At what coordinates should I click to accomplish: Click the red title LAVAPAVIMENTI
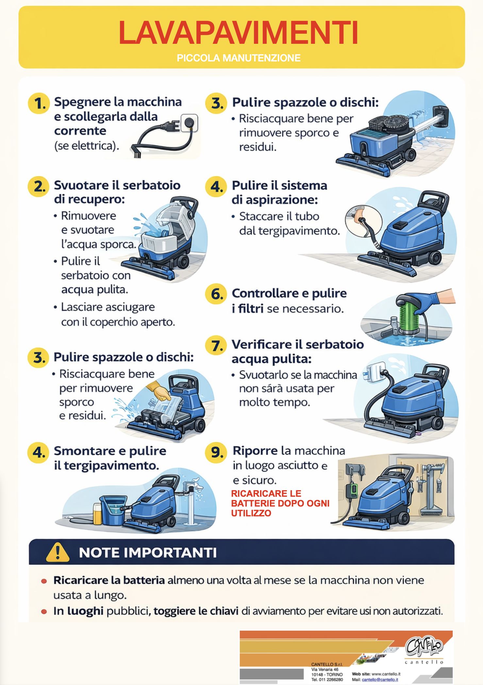pos(239,33)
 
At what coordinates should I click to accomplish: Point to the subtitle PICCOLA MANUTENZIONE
pos(239,58)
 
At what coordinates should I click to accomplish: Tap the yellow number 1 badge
pos(39,103)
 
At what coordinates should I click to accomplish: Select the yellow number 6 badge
pos(216,293)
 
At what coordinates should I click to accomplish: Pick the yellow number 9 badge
pos(216,452)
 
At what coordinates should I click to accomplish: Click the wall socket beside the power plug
pos(189,123)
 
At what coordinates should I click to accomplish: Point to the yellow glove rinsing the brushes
pos(159,391)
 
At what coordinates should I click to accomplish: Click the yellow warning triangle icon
pos(58,552)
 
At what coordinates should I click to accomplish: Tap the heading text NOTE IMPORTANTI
pos(148,553)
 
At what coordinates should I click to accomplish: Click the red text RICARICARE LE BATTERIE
pos(280,498)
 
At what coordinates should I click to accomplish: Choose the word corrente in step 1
pos(80,131)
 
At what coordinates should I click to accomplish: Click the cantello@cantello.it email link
pos(380,679)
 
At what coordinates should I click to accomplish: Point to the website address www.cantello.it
pos(386,674)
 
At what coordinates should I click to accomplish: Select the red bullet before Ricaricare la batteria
pos(44,581)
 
